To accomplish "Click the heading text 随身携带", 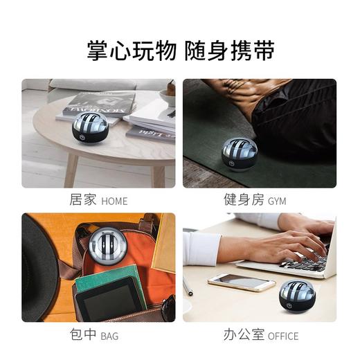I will coord(229,49).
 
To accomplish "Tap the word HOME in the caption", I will coord(114,201).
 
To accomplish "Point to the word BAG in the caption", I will coord(109,336).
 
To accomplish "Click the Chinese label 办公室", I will coord(243,336).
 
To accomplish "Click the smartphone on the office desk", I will coord(241,281).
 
